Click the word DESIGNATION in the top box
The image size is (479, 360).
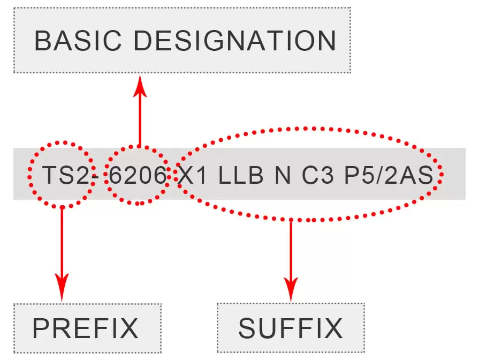point(235,41)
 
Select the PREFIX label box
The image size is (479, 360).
point(87,328)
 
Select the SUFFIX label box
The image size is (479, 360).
point(291,328)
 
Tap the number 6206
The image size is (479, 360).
point(138,176)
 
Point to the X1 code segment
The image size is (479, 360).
point(192,176)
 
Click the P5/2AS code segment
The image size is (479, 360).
point(388,176)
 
